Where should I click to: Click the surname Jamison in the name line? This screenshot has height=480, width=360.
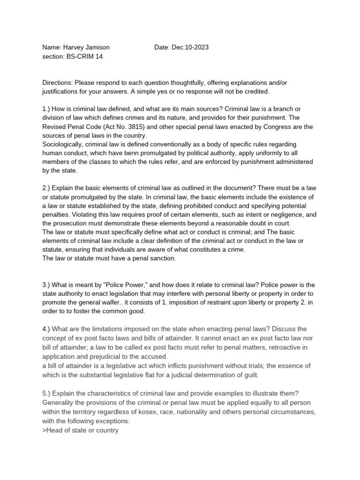pyautogui.click(x=96, y=47)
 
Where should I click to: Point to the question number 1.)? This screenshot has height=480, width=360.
pyautogui.click(x=47, y=109)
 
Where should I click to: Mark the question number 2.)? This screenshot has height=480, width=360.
pyautogui.click(x=47, y=188)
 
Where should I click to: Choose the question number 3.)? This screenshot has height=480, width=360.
pyautogui.click(x=47, y=285)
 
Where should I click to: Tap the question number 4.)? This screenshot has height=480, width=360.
pyautogui.click(x=47, y=329)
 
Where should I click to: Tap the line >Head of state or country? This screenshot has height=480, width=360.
pyautogui.click(x=80, y=429)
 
